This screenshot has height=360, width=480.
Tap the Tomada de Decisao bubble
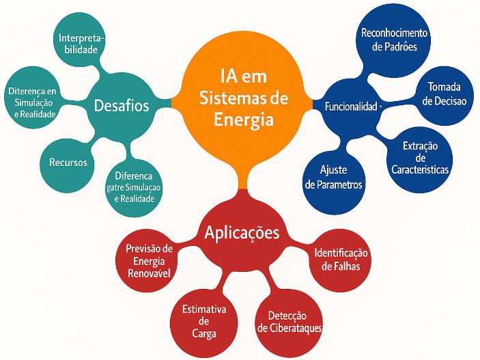442,94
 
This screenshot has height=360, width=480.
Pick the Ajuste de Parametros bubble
334,176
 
